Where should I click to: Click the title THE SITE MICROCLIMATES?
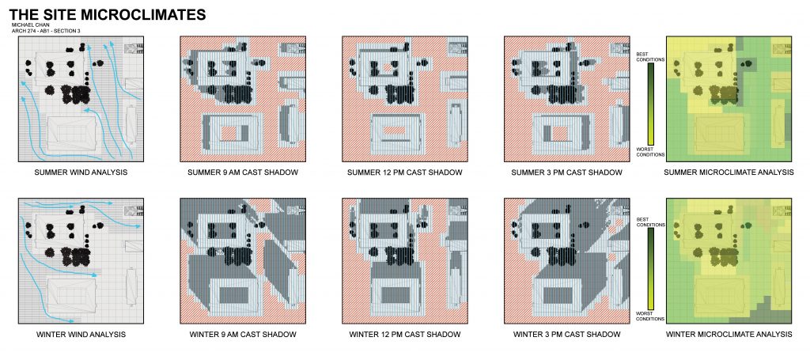[x=107, y=15]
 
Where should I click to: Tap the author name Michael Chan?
[x=28, y=26]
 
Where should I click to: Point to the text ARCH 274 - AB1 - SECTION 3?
[x=46, y=32]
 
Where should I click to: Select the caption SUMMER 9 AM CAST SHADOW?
[x=242, y=172]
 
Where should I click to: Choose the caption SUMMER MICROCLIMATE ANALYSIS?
[x=728, y=172]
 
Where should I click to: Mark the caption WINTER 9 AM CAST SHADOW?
[x=242, y=335]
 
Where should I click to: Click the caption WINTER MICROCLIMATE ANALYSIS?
[x=728, y=335]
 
